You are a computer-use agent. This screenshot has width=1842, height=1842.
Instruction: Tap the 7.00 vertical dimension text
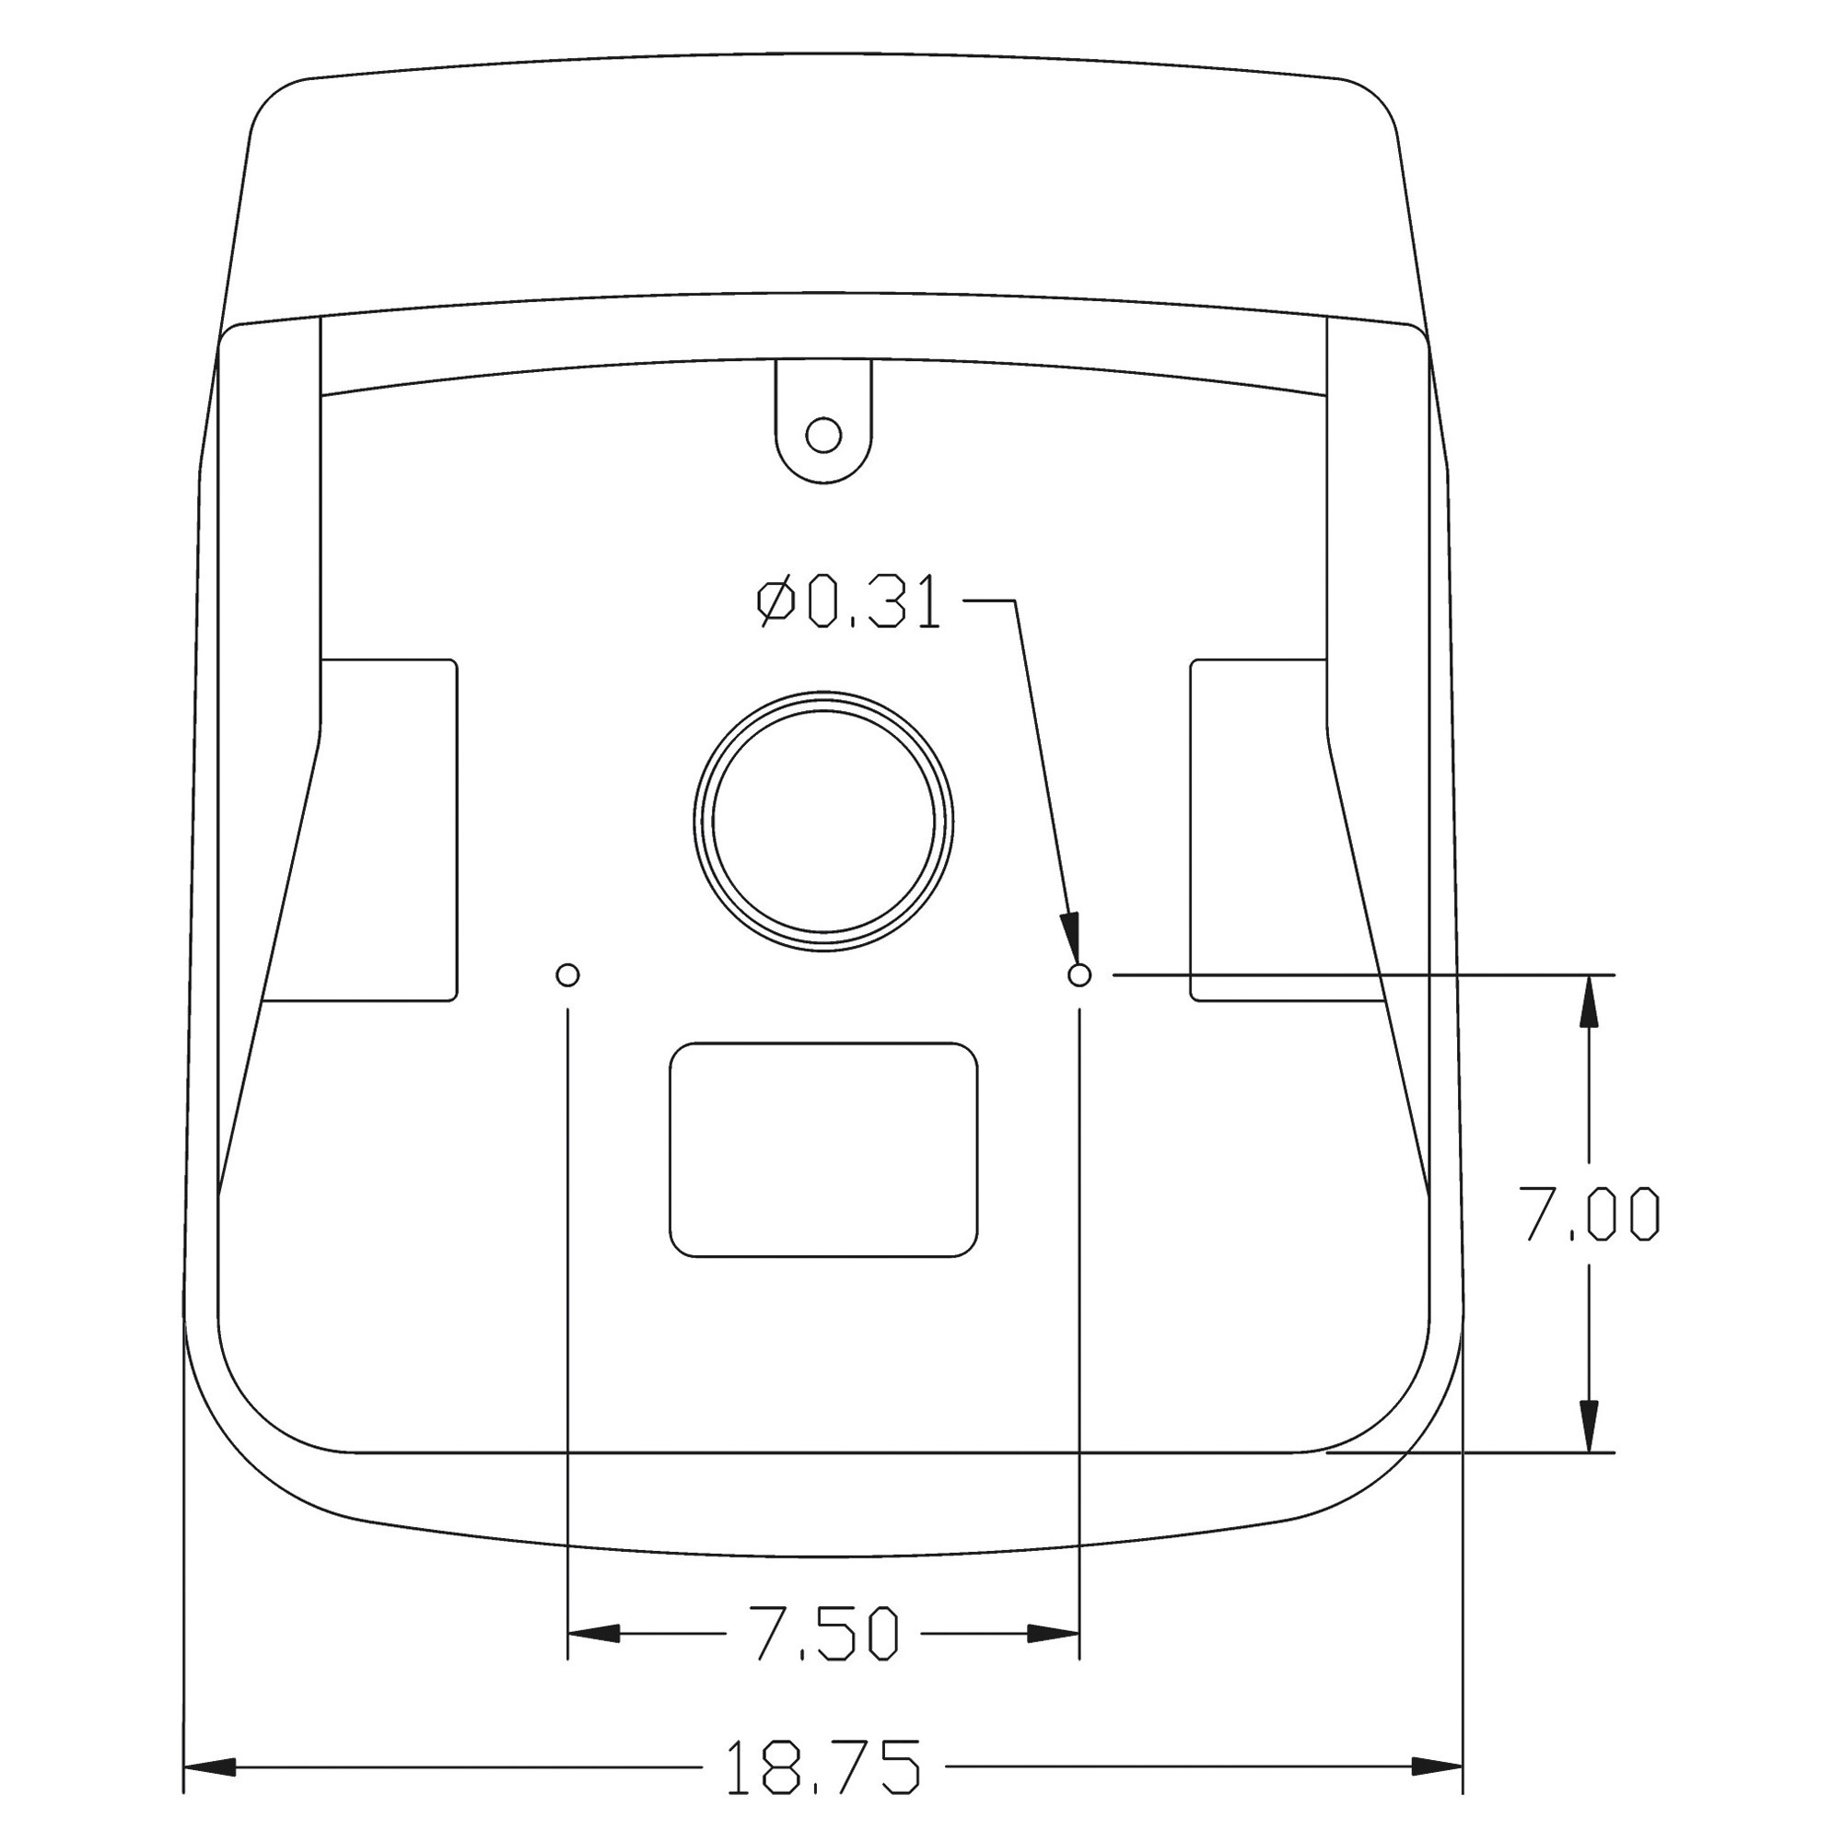(x=1588, y=1214)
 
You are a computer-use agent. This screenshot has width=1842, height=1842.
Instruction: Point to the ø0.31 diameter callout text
(x=849, y=602)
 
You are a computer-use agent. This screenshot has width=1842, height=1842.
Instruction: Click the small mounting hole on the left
(x=567, y=974)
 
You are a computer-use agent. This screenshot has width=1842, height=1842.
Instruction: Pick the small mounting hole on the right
(x=1079, y=974)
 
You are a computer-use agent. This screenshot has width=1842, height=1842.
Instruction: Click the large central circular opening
(x=822, y=822)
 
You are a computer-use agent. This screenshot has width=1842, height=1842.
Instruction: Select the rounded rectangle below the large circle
(x=823, y=1149)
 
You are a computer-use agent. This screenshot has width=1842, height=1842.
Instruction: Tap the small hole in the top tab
(x=823, y=436)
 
